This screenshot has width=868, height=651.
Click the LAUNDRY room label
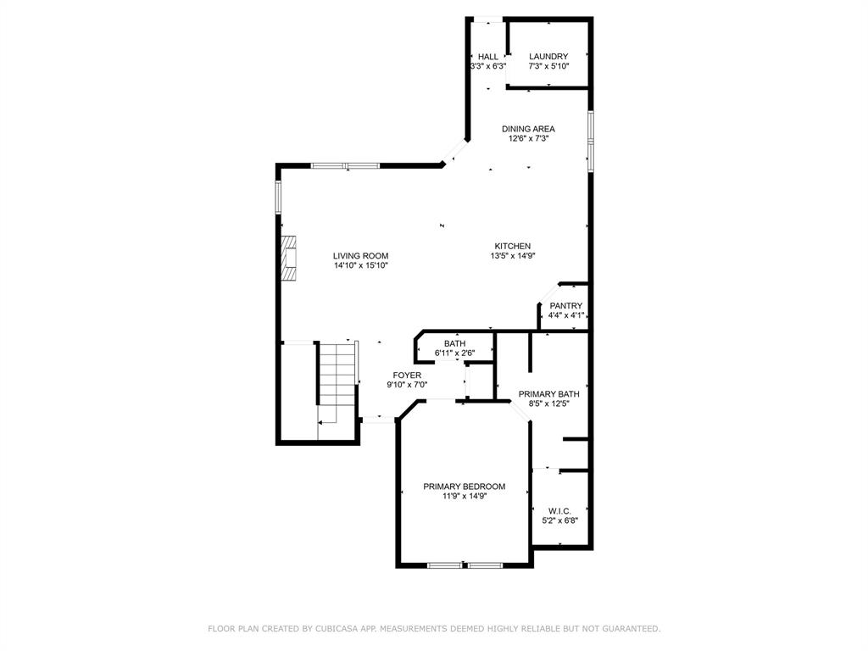pyautogui.click(x=548, y=57)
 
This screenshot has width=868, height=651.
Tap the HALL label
pyautogui.click(x=487, y=57)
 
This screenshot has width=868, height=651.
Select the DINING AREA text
pyautogui.click(x=528, y=129)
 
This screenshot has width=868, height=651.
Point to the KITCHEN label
pyautogui.click(x=513, y=247)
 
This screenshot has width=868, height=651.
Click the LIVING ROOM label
pyautogui.click(x=360, y=256)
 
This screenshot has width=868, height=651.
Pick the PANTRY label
pyautogui.click(x=565, y=306)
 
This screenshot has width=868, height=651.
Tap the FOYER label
pyautogui.click(x=407, y=376)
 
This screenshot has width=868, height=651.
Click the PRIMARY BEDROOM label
pyautogui.click(x=464, y=487)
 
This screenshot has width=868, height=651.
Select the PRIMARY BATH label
pyautogui.click(x=548, y=394)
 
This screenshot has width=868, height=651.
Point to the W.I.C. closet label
pyautogui.click(x=559, y=511)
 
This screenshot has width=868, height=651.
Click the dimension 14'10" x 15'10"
pyautogui.click(x=360, y=265)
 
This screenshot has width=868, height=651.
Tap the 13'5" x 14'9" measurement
pyautogui.click(x=513, y=256)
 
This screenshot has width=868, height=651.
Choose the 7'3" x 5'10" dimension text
pyautogui.click(x=548, y=66)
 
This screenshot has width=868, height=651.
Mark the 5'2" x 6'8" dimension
pyautogui.click(x=559, y=520)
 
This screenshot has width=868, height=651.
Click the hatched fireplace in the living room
pyautogui.click(x=288, y=259)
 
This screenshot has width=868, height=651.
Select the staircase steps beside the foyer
pyautogui.click(x=337, y=374)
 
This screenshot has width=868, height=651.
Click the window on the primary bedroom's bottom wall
pyautogui.click(x=465, y=565)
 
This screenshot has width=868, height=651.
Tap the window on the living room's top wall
pyautogui.click(x=346, y=165)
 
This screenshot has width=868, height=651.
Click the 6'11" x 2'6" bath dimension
pyautogui.click(x=455, y=353)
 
